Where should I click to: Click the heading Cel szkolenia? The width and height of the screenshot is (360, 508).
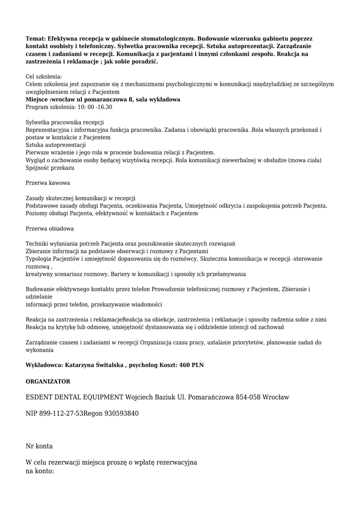(x=44, y=77)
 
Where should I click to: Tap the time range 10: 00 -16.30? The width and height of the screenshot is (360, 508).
(x=94, y=107)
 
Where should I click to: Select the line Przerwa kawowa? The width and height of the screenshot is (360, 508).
(x=48, y=183)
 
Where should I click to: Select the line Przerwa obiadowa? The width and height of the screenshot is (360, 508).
(x=50, y=229)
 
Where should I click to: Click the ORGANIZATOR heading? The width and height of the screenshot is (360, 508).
(x=48, y=381)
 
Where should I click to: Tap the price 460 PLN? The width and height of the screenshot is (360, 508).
(x=191, y=365)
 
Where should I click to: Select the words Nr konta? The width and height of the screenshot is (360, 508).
(x=39, y=446)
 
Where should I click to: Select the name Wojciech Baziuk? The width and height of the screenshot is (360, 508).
(x=150, y=397)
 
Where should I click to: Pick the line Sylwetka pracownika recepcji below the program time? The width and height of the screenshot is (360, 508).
(x=65, y=122)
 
